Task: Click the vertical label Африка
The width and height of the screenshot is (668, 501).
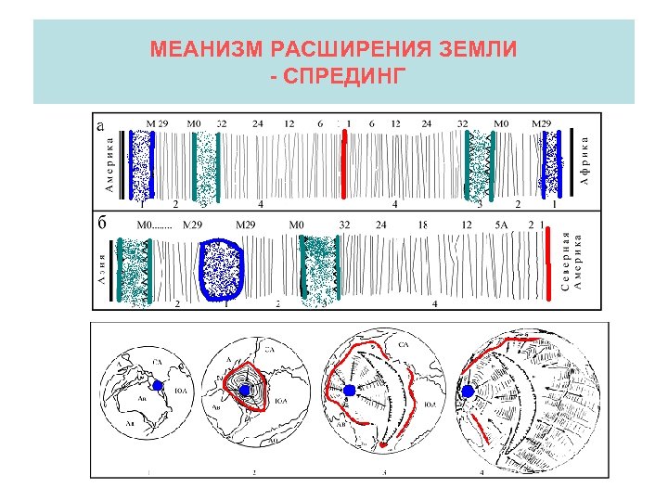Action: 585,160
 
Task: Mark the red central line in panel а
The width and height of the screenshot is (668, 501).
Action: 344,164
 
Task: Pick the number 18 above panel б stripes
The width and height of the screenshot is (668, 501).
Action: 422,225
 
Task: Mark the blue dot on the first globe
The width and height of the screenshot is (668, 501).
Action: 158,386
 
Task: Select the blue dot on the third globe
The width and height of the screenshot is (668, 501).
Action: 348,391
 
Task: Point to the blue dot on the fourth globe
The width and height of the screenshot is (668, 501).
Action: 467,392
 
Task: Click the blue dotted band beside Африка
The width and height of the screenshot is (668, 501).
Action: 555,165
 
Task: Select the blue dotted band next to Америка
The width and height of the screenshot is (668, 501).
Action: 141,165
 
